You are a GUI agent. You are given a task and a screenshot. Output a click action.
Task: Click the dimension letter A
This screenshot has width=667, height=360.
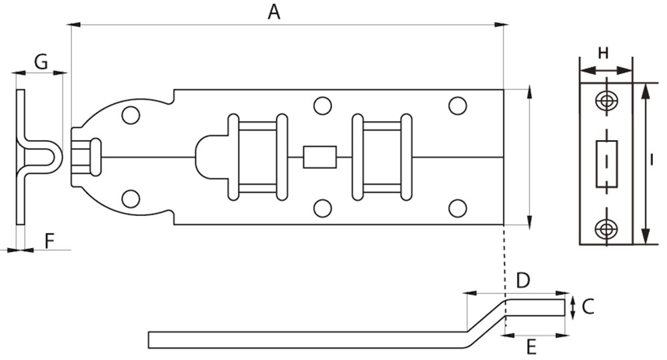pos(273,11)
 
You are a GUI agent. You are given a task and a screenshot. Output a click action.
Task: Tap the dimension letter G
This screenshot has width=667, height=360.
pos(41,62)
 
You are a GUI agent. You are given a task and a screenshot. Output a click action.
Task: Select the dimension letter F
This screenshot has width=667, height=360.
pos(49,240)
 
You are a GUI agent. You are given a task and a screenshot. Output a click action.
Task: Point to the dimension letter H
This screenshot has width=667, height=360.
pos(603,53)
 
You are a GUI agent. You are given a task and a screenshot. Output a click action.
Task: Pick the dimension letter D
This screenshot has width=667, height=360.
pos(523,281)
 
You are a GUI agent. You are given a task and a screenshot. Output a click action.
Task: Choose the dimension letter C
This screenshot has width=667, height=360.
pos(588,306)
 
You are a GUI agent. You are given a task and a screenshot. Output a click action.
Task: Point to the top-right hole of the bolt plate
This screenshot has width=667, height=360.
pos(457,105)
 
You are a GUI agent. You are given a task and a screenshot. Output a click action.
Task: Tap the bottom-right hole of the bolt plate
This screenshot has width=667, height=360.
pos(457,208)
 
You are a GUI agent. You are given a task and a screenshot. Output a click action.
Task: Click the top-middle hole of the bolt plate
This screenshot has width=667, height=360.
pos(322,105)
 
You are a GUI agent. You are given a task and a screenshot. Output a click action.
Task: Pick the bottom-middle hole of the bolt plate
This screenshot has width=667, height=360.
pos(322,208)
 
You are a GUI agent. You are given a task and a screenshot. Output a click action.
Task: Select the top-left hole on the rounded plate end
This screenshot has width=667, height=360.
pos(131,114)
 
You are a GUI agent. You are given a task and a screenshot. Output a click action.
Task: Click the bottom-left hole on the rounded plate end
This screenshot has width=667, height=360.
pos(131,199)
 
